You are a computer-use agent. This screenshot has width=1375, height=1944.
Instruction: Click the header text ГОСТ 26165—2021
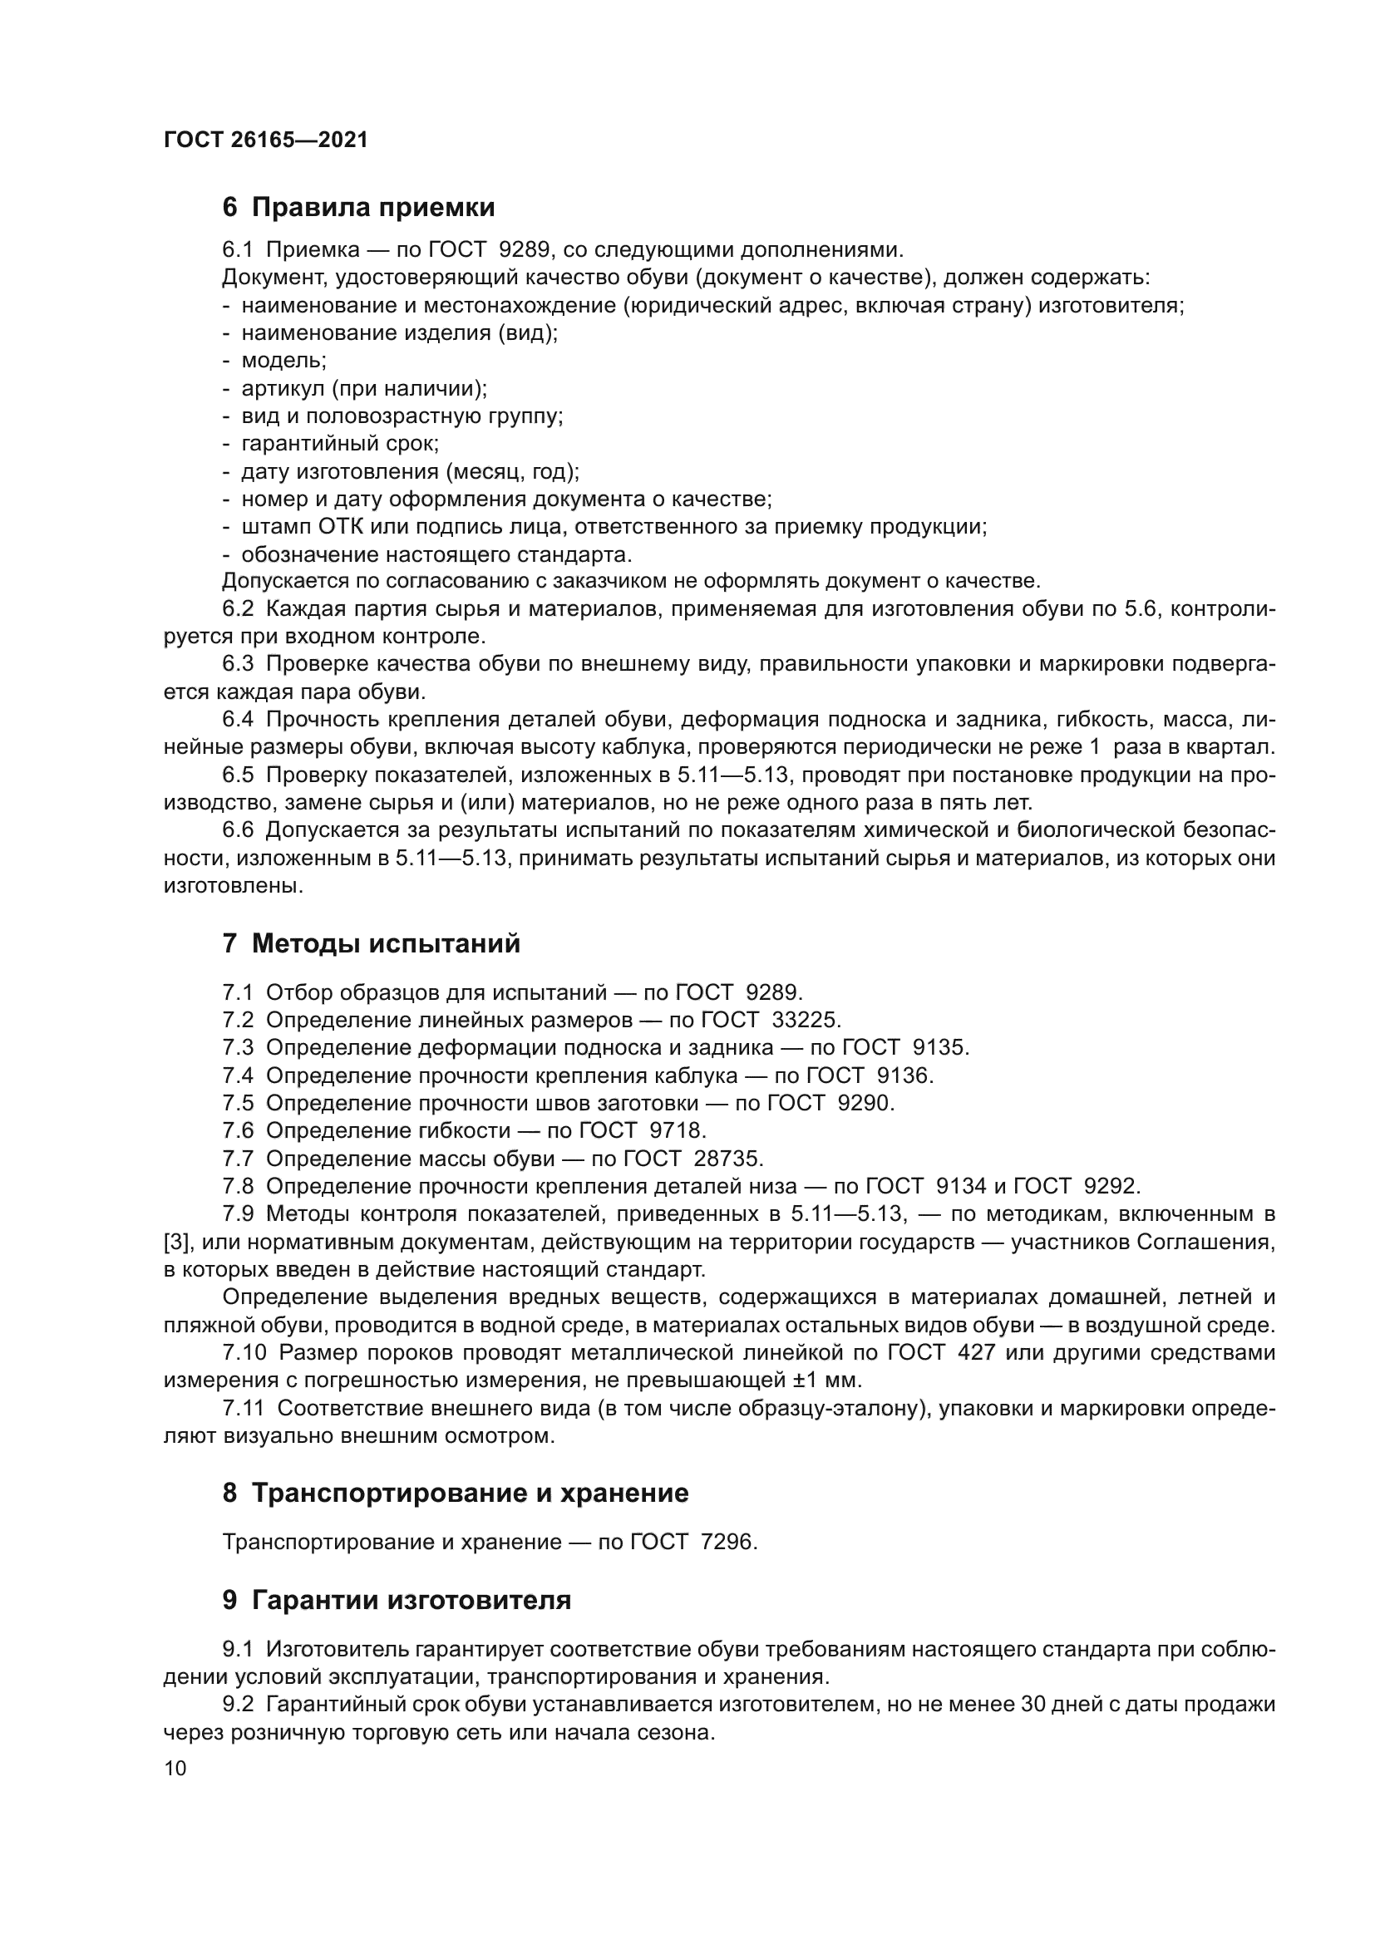click(266, 140)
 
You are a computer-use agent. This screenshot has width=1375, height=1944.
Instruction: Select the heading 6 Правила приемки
click(358, 207)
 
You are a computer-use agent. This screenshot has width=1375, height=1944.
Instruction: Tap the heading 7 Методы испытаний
click(371, 942)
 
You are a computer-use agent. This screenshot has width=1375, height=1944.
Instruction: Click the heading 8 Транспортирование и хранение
click(456, 1492)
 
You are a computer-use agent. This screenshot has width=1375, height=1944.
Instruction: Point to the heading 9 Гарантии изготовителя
click(397, 1599)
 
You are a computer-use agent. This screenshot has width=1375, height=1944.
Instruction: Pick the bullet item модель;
click(283, 360)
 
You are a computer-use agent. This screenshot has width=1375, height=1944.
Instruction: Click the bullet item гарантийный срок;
click(339, 443)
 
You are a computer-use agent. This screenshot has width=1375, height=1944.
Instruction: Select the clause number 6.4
click(238, 719)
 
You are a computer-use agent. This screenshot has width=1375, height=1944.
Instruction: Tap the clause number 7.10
click(243, 1352)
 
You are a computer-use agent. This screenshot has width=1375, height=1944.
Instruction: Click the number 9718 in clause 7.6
click(676, 1130)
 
